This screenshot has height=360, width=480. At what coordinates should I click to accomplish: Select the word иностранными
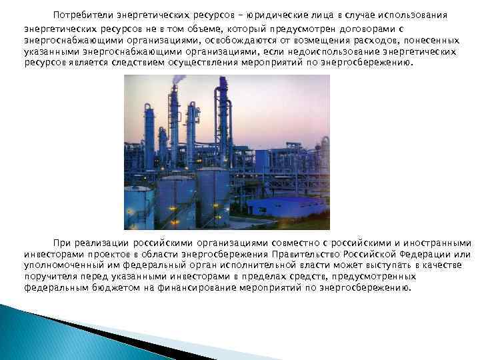click(x=440, y=243)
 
